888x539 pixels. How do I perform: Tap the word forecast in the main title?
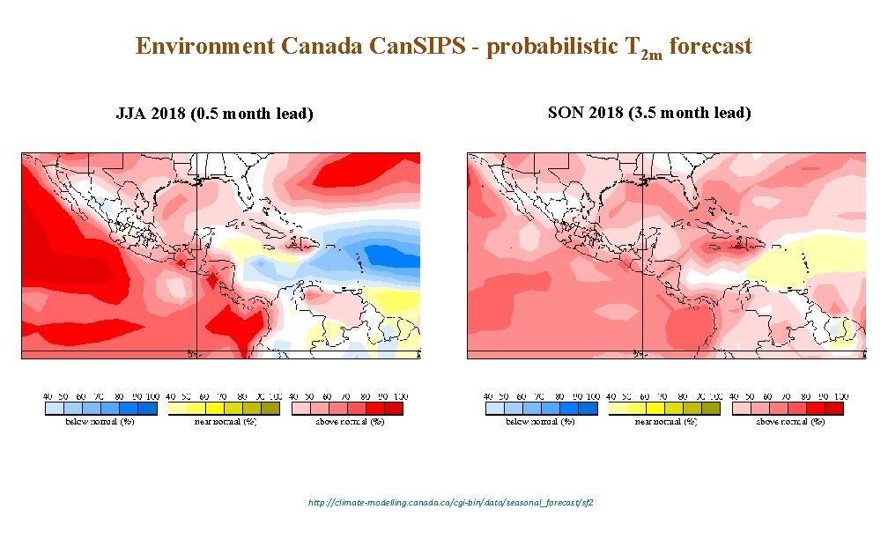[711, 47]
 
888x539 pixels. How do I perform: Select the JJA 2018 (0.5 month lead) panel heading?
[215, 114]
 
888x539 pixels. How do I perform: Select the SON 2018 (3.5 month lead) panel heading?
[649, 113]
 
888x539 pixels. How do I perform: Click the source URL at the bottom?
[450, 502]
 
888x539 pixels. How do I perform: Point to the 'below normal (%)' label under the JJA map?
[100, 422]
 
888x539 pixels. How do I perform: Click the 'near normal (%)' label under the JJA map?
[226, 422]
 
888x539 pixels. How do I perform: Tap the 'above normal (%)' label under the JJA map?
[350, 422]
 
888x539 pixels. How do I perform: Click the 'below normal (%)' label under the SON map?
[540, 422]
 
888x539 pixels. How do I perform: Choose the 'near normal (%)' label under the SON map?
[666, 422]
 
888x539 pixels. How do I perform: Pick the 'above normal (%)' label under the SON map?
[790, 422]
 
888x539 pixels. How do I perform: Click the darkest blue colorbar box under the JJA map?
[147, 409]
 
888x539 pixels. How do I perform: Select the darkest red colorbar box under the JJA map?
[394, 409]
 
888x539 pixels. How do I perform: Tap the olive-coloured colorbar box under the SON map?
[711, 409]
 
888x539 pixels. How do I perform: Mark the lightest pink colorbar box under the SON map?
[741, 409]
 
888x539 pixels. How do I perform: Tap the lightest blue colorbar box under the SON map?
[494, 409]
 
